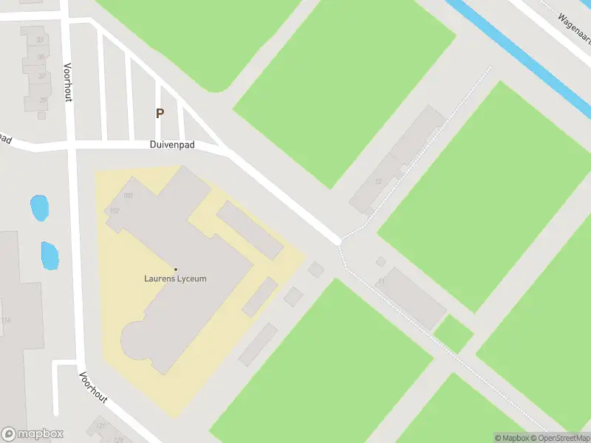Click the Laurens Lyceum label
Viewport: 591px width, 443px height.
click(x=175, y=279)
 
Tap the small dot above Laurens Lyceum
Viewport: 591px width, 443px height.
click(x=175, y=269)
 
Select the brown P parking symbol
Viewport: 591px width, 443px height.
click(x=160, y=114)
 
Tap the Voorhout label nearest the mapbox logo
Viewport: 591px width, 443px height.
click(x=94, y=388)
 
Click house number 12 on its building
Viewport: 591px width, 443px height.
click(x=378, y=182)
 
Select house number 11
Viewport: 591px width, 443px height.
click(x=381, y=282)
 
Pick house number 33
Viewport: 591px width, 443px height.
click(x=41, y=39)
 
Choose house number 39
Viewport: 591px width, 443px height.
click(x=43, y=101)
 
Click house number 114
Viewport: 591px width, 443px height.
click(x=6, y=320)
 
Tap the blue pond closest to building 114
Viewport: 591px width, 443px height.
click(x=49, y=255)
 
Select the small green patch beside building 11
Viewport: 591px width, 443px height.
click(x=453, y=334)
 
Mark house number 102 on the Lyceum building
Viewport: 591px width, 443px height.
click(x=115, y=211)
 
